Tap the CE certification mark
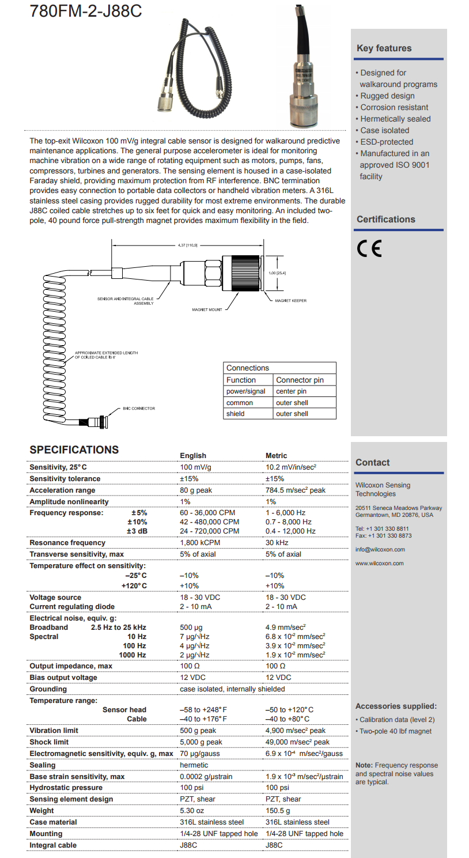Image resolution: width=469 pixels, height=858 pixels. click(x=369, y=248)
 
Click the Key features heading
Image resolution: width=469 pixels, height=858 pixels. click(x=384, y=48)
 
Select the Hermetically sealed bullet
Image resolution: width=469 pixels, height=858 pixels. click(x=395, y=119)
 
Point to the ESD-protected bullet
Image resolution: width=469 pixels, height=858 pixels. click(x=387, y=142)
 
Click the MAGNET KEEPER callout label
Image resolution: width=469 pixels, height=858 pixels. click(x=290, y=301)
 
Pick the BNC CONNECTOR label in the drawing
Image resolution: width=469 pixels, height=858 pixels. click(x=138, y=409)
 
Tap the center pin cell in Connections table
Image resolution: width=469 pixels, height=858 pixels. click(x=291, y=391)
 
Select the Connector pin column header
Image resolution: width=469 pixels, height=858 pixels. click(x=300, y=380)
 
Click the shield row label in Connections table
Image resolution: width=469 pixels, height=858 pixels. click(x=235, y=414)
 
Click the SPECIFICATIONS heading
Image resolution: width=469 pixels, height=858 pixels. click(x=74, y=450)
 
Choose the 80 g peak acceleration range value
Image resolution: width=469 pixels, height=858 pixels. click(x=196, y=490)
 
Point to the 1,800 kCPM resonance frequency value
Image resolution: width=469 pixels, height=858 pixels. click(x=200, y=543)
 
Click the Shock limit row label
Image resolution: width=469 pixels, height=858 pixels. click(x=49, y=742)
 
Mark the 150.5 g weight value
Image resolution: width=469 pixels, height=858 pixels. click(x=278, y=811)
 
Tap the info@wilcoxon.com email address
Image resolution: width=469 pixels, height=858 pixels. click(x=380, y=550)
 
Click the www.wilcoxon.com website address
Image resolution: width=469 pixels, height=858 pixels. click(x=380, y=564)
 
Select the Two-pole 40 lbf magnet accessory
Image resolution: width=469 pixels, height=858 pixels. click(x=395, y=731)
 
